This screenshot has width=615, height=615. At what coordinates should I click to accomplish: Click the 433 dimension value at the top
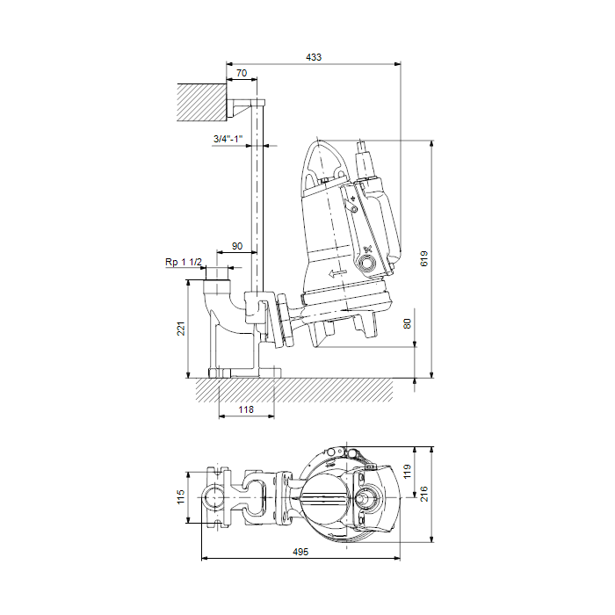click(314, 57)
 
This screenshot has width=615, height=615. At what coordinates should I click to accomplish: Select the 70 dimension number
click(242, 73)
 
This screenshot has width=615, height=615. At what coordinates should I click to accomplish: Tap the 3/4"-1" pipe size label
click(228, 139)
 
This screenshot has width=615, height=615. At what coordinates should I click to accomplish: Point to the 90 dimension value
click(237, 246)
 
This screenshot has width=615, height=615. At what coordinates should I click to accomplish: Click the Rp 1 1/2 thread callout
click(183, 262)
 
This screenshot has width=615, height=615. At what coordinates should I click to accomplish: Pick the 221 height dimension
click(181, 329)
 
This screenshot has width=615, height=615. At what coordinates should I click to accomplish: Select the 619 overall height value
click(424, 259)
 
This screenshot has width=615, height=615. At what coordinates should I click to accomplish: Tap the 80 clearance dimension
click(407, 324)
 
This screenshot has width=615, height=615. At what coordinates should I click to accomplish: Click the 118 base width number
click(246, 410)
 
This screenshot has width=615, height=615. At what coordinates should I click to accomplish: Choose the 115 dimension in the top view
click(180, 497)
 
